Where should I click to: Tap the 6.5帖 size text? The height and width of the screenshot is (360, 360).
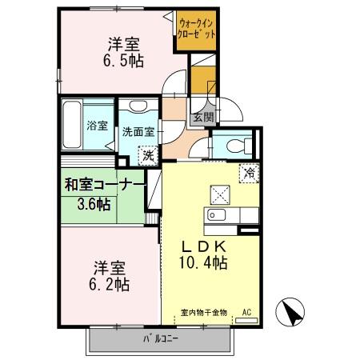click(125, 61)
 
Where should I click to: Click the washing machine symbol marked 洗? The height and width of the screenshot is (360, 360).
click(147, 155)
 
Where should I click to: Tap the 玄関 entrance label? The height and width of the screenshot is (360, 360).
click(202, 117)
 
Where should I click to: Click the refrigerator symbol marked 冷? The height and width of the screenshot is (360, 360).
click(249, 170)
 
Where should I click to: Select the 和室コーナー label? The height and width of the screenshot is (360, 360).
click(105, 185)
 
